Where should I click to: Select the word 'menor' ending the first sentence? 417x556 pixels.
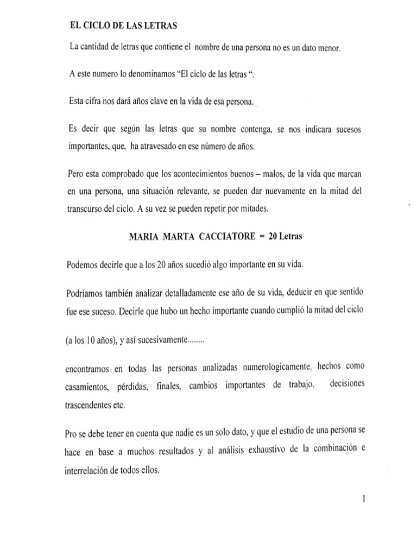pyautogui.click(x=327, y=49)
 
